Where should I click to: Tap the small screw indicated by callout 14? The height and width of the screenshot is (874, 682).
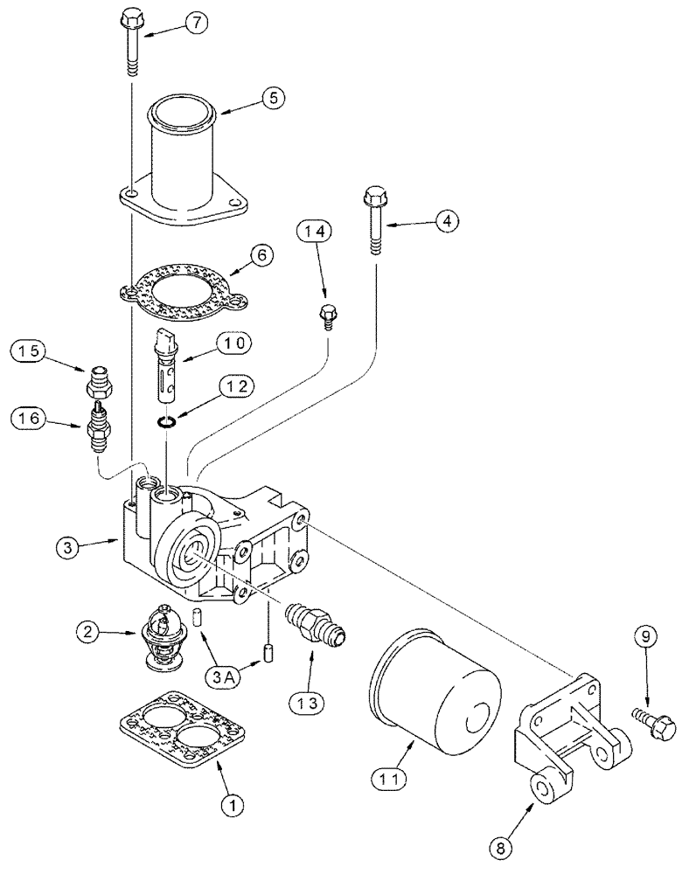(328, 315)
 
